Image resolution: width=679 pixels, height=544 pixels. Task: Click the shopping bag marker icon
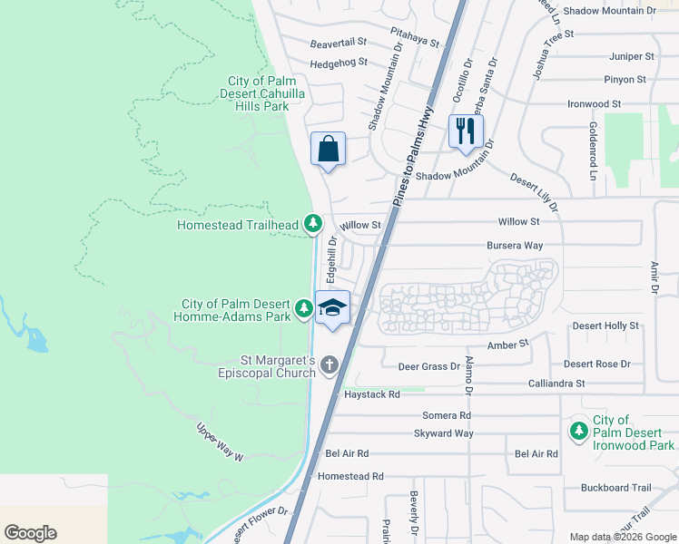(329, 149)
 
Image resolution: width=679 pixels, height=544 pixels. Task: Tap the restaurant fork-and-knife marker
(466, 131)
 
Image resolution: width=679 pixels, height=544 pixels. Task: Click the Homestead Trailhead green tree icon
(313, 223)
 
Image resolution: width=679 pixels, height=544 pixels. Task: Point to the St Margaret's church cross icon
(329, 365)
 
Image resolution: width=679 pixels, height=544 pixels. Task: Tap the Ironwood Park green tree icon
(578, 432)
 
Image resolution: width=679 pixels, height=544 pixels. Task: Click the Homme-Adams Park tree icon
(304, 310)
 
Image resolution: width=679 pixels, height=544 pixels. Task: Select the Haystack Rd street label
(371, 394)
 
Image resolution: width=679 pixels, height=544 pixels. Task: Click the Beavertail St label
(338, 43)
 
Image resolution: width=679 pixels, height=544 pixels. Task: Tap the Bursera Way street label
(515, 245)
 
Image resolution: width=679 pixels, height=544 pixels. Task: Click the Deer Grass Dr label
(429, 366)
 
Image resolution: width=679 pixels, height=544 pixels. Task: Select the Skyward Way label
(444, 433)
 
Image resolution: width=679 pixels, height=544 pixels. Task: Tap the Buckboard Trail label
(618, 487)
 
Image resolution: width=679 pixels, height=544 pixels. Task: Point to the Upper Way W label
(221, 442)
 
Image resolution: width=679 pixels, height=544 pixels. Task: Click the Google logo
(31, 533)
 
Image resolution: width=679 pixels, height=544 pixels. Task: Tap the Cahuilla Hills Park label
(257, 93)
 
